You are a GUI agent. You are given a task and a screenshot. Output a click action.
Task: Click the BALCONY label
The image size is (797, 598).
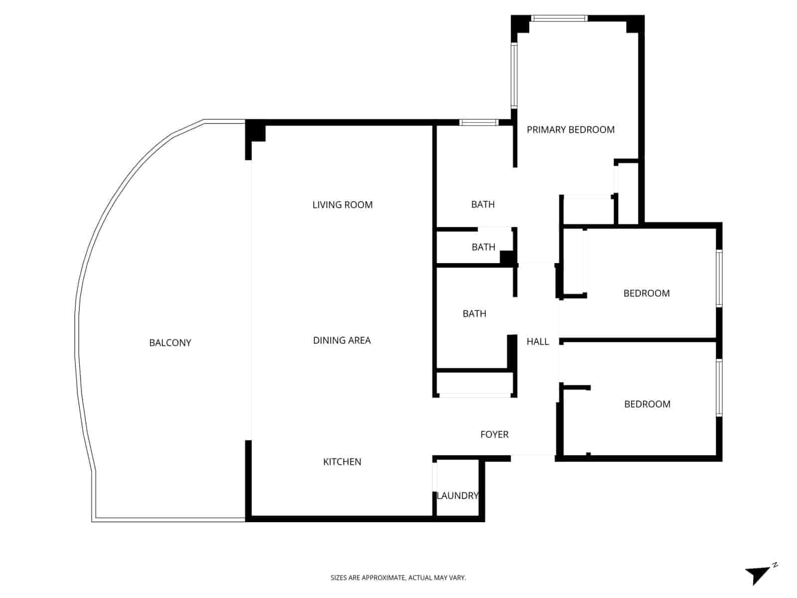click(x=170, y=343)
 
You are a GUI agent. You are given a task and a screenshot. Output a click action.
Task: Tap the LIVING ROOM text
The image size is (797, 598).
click(x=342, y=205)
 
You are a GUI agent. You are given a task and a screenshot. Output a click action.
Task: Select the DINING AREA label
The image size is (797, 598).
click(x=342, y=340)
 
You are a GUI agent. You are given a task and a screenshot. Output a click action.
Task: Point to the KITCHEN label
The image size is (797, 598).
click(x=342, y=462)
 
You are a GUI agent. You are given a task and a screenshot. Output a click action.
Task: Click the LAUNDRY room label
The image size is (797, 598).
click(x=457, y=496)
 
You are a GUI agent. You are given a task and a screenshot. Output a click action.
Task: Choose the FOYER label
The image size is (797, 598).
click(x=494, y=435)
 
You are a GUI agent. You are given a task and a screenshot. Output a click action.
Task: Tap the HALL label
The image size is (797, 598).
click(x=537, y=341)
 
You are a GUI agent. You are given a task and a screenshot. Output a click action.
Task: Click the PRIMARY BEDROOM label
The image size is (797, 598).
click(x=570, y=130)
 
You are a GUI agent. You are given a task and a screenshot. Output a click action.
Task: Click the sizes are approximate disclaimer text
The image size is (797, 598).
click(x=398, y=578)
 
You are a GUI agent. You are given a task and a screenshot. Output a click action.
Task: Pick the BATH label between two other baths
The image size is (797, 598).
click(x=483, y=247)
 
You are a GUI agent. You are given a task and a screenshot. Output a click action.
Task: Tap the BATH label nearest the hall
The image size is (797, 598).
click(x=474, y=313)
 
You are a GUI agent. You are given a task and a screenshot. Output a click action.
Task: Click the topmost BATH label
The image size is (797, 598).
click(x=483, y=204)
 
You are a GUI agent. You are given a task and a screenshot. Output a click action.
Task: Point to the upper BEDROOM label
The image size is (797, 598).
click(x=646, y=293)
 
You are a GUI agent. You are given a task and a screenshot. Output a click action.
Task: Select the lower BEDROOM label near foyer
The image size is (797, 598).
click(x=647, y=404)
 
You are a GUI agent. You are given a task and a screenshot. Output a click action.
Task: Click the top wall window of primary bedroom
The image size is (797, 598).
click(x=558, y=18)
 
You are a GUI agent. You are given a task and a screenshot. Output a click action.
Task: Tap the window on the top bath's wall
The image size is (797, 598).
click(x=479, y=122)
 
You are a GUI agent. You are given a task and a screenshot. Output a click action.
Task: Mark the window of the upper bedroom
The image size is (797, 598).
click(x=719, y=278)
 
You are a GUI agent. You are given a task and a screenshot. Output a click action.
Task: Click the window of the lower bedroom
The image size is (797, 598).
click(x=719, y=388)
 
